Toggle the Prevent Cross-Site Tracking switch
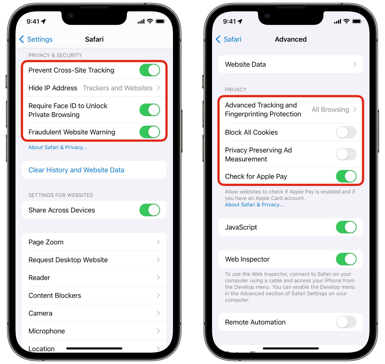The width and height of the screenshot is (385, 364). [149, 70]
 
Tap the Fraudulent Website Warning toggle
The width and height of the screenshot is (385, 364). [149, 132]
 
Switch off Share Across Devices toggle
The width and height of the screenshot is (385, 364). [149, 210]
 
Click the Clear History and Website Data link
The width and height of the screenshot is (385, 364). [76, 170]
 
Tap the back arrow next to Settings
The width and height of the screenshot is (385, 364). [22, 39]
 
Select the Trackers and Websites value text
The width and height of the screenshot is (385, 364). [117, 88]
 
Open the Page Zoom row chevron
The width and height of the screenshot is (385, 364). [158, 242]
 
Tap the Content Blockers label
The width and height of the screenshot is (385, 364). [55, 295]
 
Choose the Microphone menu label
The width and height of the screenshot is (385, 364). [47, 331]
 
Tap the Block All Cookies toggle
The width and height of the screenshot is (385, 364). [346, 132]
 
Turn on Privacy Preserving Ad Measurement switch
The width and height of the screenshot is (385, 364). [346, 154]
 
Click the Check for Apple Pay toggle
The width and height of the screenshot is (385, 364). [346, 176]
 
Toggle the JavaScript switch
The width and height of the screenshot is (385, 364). [346, 227]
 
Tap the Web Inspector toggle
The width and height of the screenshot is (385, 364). [346, 259]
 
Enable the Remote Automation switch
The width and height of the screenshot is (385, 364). [346, 322]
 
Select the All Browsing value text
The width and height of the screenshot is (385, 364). [330, 110]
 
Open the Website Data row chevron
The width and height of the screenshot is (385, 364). [355, 64]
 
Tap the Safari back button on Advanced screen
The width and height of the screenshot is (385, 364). [229, 39]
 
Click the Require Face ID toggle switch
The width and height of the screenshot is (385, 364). [149, 110]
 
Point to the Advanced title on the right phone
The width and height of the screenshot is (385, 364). [291, 39]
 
